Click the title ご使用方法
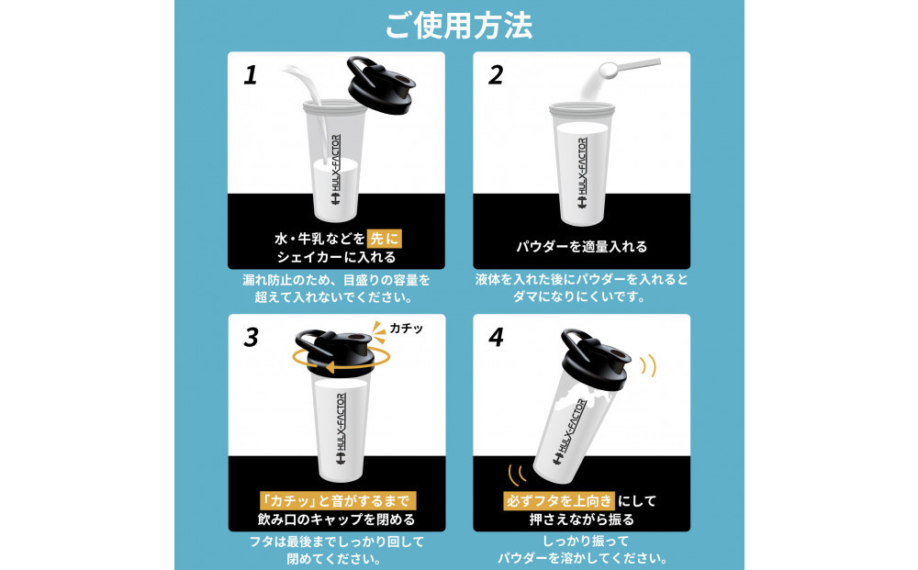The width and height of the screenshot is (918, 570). coord(459,25)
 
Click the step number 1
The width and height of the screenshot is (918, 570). coord(251,75)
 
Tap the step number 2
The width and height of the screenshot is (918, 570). coord(496,75)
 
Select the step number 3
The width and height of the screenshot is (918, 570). coord(251,337)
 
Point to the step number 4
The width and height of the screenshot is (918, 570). coord(497,337)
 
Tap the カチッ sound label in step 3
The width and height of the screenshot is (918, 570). coord(407,328)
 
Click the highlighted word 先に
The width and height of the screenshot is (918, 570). coord(385,238)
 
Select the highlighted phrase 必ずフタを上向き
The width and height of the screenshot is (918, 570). coord(559,501)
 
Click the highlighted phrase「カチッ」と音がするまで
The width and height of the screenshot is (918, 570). coord(337,501)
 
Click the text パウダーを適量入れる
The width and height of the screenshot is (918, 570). coord(581,246)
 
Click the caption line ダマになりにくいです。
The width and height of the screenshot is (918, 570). coord(581,296)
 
